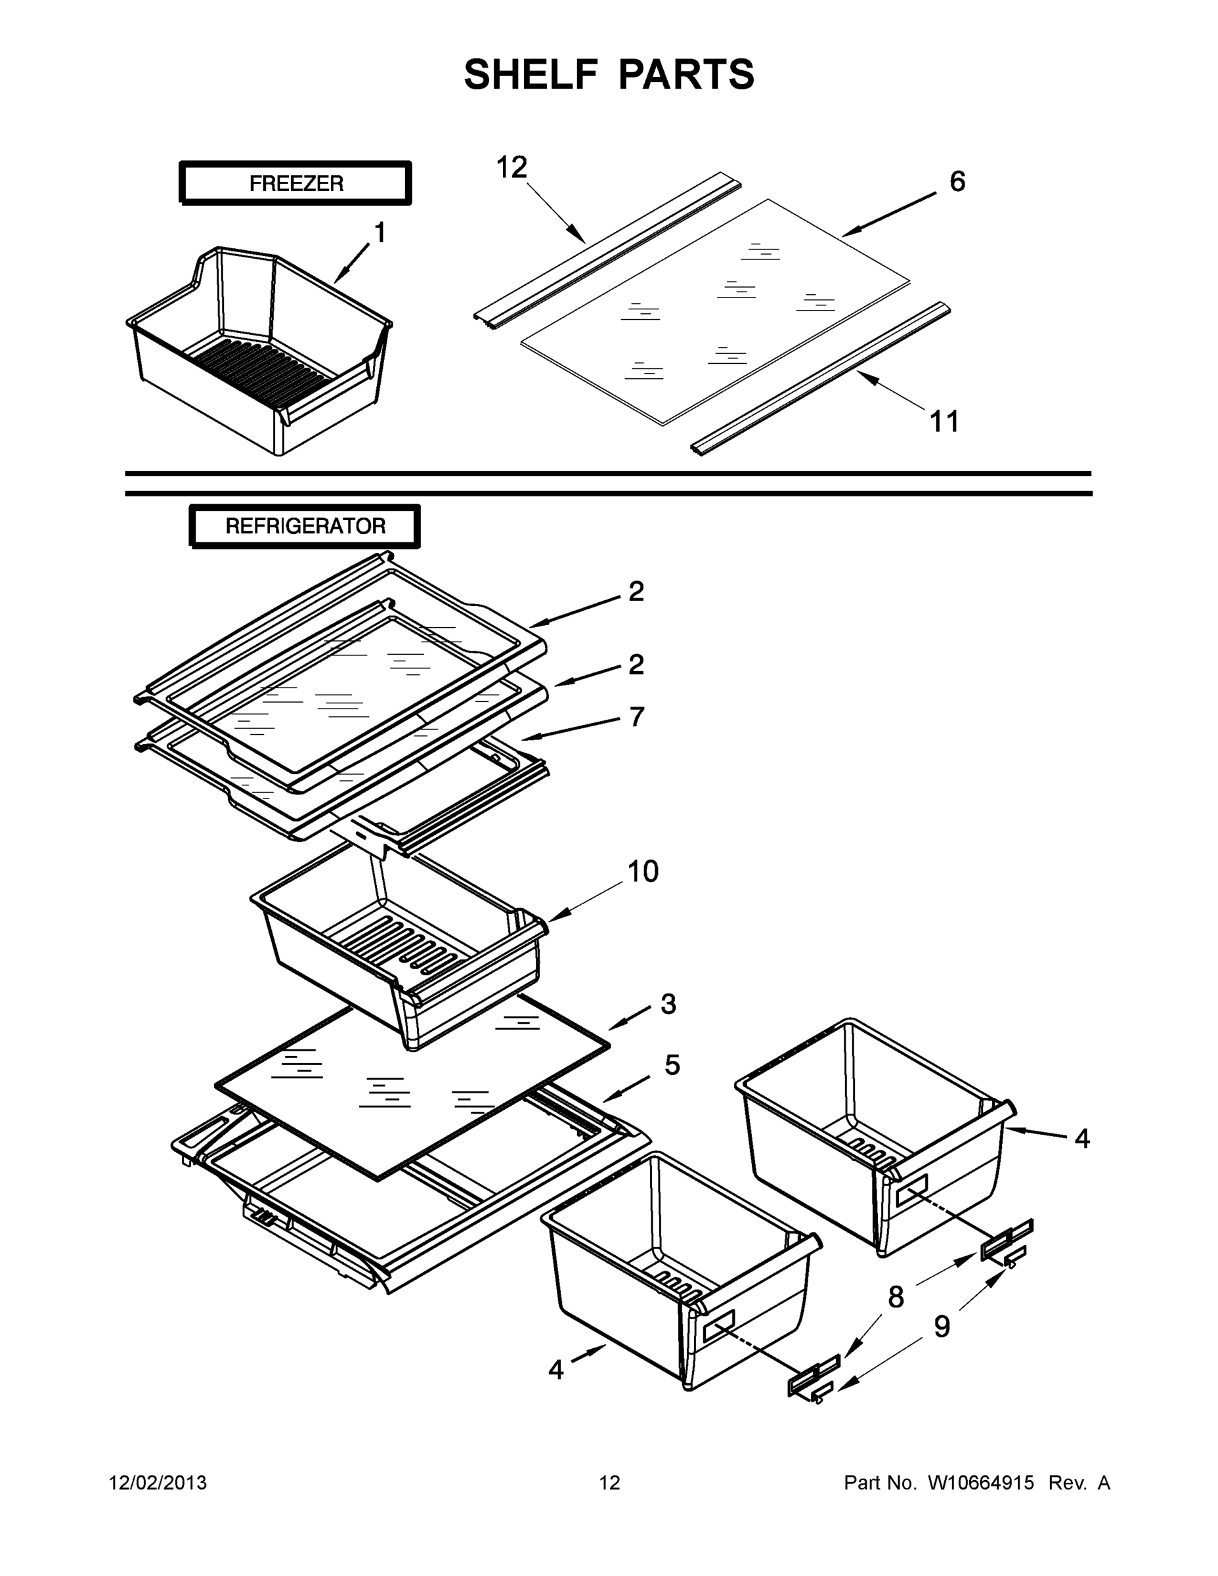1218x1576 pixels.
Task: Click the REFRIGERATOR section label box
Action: (x=305, y=526)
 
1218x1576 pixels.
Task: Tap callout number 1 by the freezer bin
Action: (x=379, y=233)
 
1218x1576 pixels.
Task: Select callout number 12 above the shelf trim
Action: (x=511, y=167)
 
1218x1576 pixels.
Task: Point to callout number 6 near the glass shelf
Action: (x=957, y=182)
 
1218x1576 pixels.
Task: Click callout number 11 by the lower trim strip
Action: (x=944, y=422)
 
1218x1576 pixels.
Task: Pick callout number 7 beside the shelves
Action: (x=636, y=716)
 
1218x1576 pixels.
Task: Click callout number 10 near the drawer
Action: (x=642, y=871)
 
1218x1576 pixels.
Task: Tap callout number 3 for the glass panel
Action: (x=668, y=1004)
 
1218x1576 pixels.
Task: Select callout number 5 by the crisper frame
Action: (x=672, y=1065)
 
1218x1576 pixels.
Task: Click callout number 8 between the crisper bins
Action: (x=896, y=1298)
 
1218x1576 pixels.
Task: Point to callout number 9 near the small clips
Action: (x=942, y=1326)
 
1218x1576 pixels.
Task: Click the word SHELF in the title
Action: (x=531, y=74)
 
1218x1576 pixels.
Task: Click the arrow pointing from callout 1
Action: (x=351, y=263)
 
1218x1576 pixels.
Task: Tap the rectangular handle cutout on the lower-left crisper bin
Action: (x=717, y=1326)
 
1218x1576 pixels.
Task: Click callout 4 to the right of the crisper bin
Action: (x=1081, y=1139)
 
